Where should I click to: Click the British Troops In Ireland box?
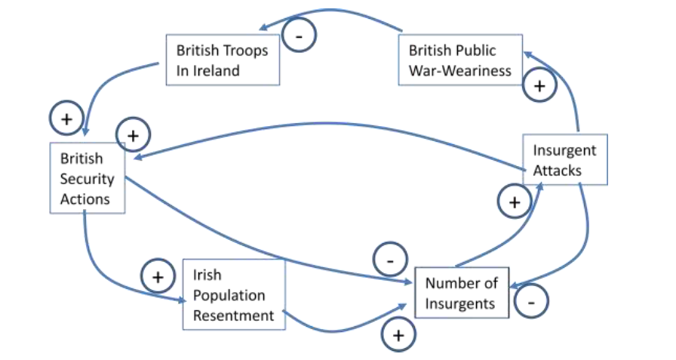coord(223,61)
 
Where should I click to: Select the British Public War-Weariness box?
coord(460,61)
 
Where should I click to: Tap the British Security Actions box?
coord(87,178)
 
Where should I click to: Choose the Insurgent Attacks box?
coord(564,159)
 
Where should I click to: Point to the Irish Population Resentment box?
coord(234,294)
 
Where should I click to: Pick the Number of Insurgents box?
coord(462,293)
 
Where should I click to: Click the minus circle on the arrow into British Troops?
coord(299,35)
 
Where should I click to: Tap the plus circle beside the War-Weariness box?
coord(539,85)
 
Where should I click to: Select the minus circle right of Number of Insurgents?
coord(531,302)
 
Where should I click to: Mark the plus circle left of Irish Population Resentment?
coord(158,277)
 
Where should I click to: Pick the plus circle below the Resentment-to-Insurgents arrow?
coord(399,334)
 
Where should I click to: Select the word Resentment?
coord(233,315)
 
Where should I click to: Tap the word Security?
coord(87,179)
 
